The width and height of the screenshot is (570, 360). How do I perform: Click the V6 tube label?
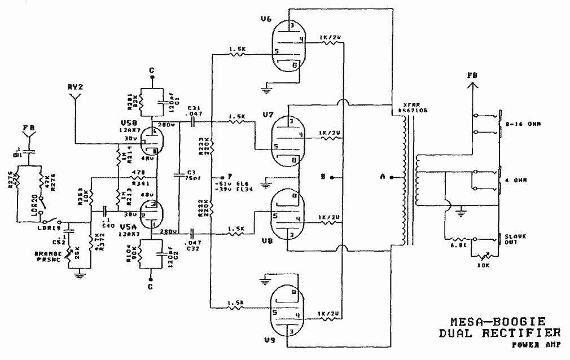(x=266, y=19)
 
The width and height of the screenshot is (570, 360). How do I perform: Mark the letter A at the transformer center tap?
(x=383, y=177)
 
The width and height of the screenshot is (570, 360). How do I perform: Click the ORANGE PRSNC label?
(x=48, y=256)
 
